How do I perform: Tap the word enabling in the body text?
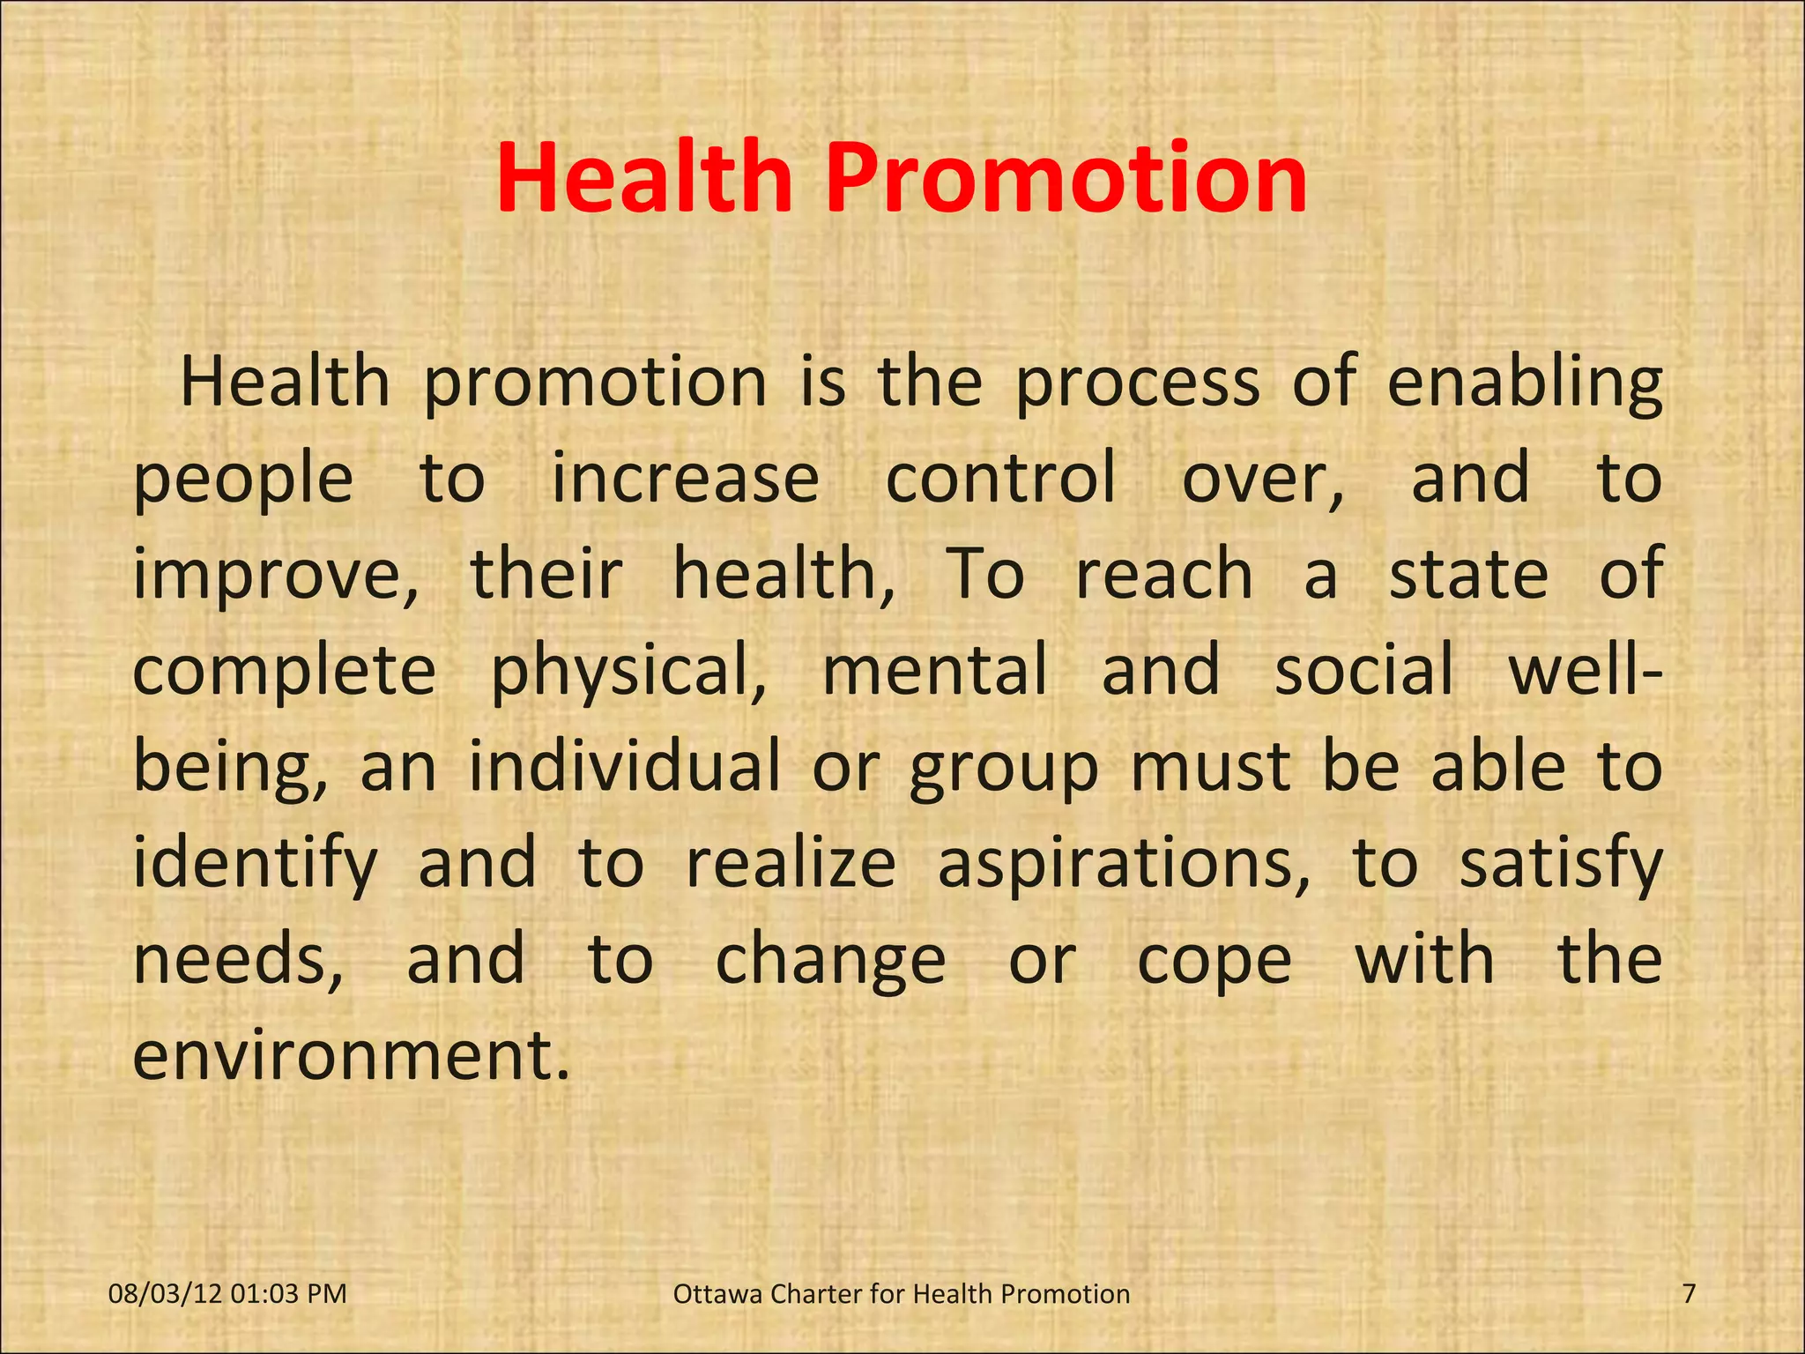coord(1525,384)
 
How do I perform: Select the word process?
coord(1137,384)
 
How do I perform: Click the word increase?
coord(685,479)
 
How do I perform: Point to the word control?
coord(1000,479)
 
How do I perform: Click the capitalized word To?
coord(984,575)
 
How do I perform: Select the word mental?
coord(935,670)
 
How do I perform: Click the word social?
coord(1363,670)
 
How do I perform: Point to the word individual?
coord(624,766)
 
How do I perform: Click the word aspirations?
coord(1124,863)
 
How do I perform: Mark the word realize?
coord(791,863)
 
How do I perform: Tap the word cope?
coord(1214,962)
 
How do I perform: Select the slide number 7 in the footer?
coord(1689,1294)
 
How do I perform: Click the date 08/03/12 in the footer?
coord(165,1294)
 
